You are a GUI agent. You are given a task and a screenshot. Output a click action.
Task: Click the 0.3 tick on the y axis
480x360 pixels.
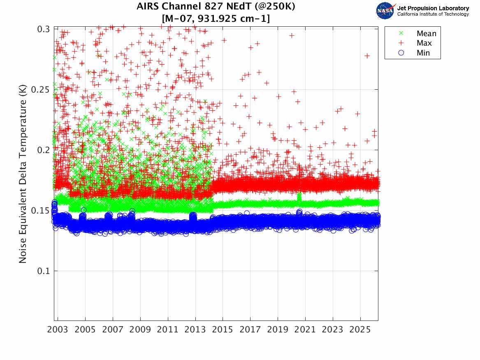44,29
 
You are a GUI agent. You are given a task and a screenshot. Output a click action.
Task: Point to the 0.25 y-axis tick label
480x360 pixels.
42,90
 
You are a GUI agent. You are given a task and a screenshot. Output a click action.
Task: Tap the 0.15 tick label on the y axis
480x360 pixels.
42,211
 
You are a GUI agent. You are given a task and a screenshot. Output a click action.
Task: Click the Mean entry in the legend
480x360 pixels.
426,34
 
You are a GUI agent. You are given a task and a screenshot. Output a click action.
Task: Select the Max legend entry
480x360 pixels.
424,43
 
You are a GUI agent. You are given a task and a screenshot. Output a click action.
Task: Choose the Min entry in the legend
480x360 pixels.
423,53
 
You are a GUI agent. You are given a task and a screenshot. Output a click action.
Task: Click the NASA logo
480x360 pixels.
385,11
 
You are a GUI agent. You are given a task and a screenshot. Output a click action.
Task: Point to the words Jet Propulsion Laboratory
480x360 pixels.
433,8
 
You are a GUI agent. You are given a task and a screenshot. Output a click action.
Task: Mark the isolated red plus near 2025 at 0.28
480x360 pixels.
367,56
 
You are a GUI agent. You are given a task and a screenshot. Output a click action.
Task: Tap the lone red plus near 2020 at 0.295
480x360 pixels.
292,35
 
